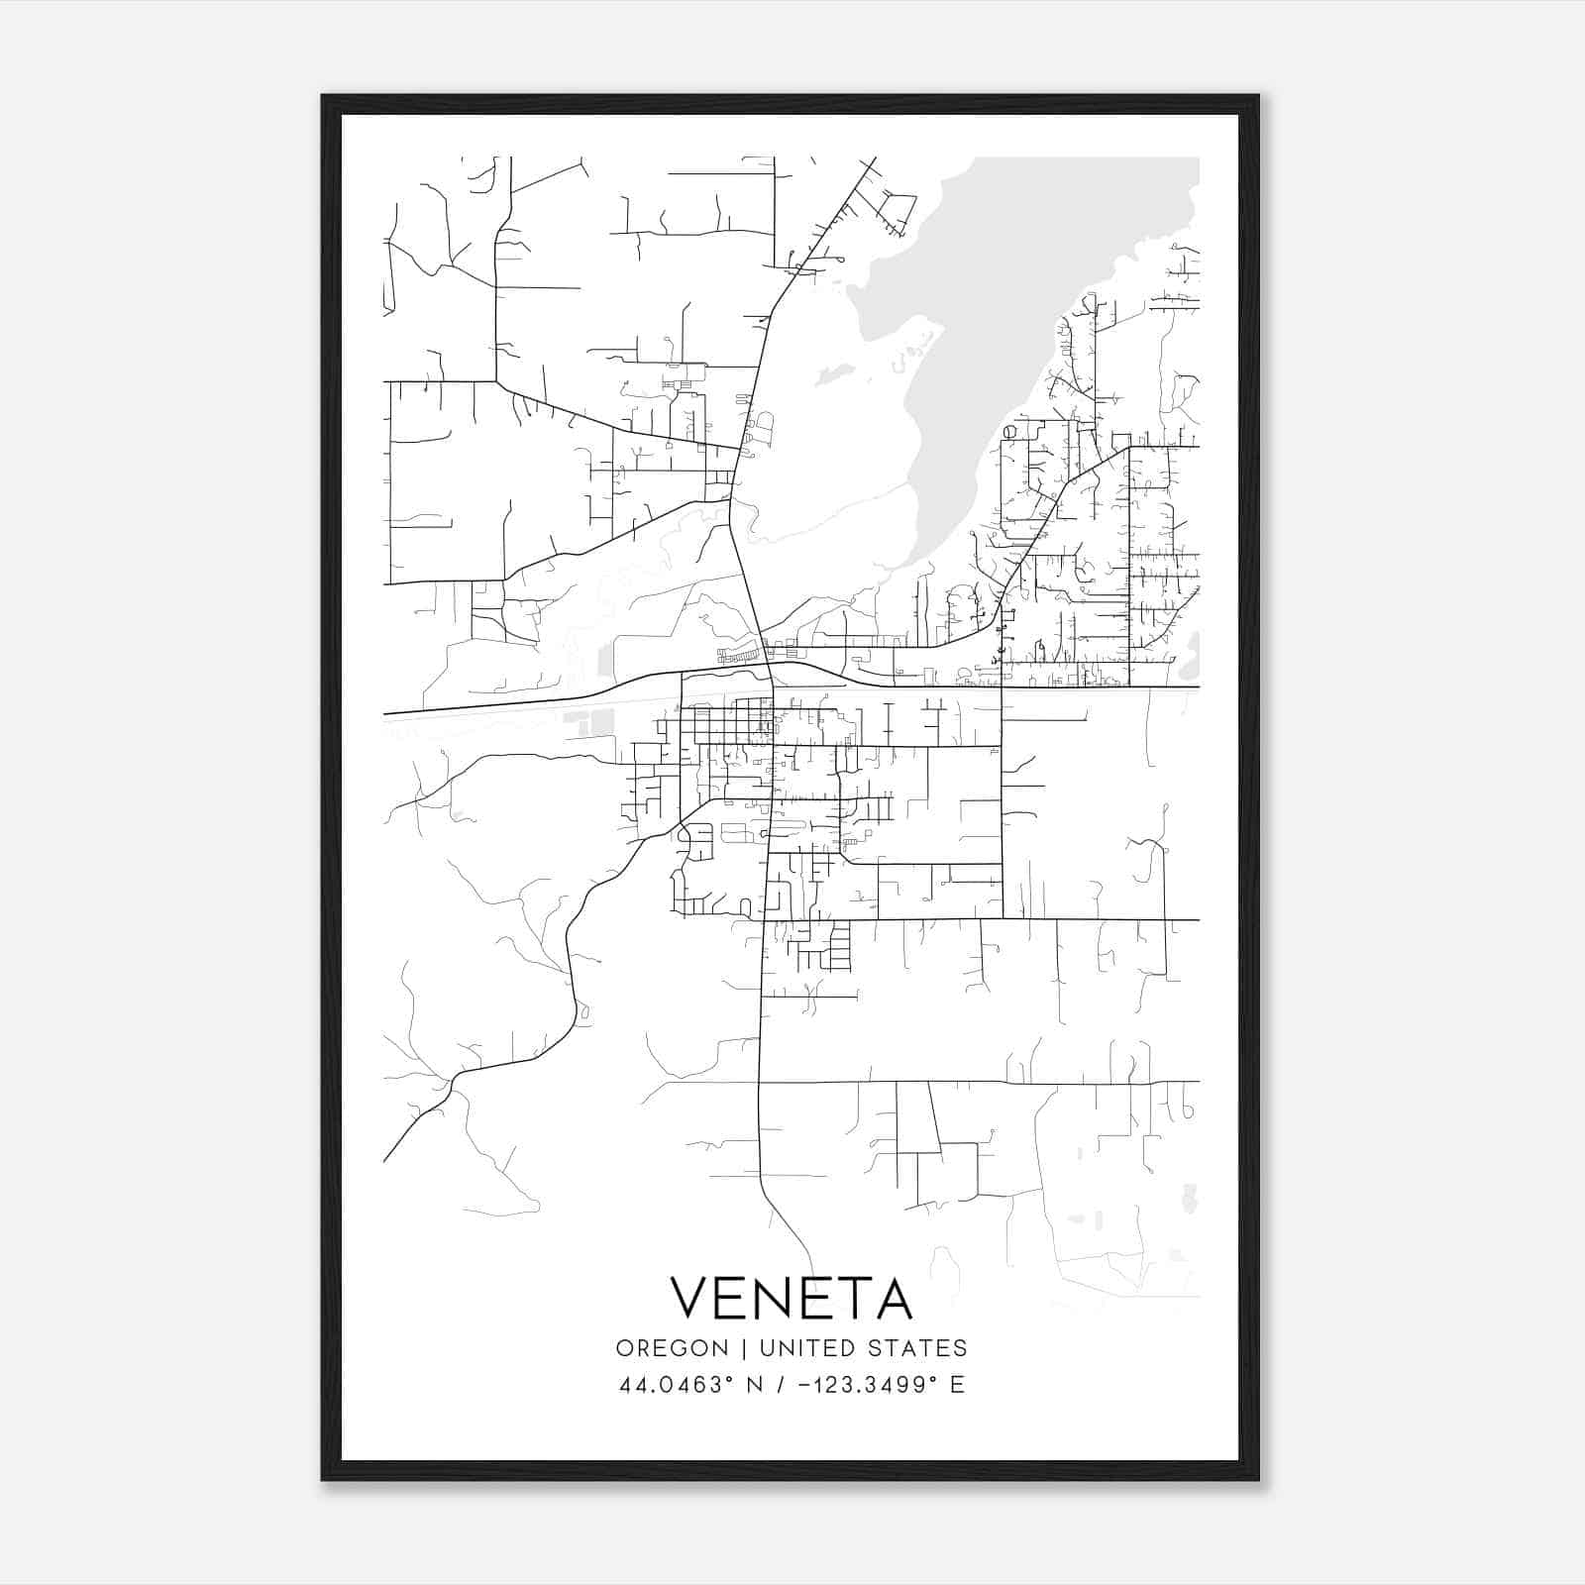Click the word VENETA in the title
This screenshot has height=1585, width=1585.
click(x=791, y=1298)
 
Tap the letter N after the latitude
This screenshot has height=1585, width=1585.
click(x=754, y=1385)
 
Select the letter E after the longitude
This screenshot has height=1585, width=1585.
click(x=957, y=1385)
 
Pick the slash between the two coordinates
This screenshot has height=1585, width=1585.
click(x=783, y=1385)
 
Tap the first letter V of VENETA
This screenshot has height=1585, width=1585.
click(x=691, y=1298)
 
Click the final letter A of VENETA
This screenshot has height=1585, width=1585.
click(x=893, y=1298)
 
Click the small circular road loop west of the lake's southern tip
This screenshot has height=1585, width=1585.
click(x=1009, y=432)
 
